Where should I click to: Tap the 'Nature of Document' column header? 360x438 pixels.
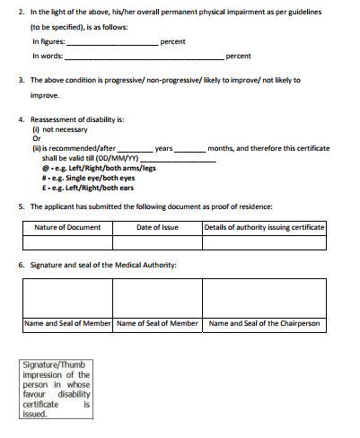tap(67, 227)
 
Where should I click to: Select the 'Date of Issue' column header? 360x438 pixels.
tap(157, 227)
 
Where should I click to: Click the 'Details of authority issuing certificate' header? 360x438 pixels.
tap(264, 227)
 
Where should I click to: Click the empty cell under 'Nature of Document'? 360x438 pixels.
tap(67, 242)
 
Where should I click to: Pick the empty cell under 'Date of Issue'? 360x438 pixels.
tap(157, 242)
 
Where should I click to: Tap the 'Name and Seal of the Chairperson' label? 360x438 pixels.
tap(264, 323)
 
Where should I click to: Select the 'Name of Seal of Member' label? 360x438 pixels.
tap(157, 323)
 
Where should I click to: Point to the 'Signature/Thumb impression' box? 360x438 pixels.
tap(57, 389)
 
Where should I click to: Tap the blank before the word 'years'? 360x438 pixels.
tap(135, 149)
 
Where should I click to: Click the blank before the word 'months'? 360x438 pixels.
tap(189, 149)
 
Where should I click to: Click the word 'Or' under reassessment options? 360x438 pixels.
tap(37, 138)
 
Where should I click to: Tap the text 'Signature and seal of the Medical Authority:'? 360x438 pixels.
tap(103, 266)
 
